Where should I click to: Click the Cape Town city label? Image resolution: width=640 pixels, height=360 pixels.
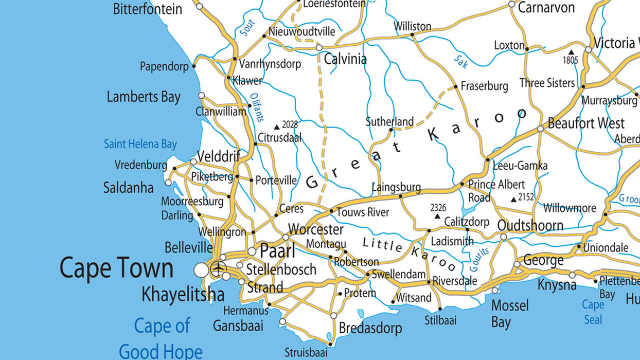pos(116,268)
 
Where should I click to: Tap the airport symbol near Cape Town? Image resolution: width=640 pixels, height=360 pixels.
pos(219,268)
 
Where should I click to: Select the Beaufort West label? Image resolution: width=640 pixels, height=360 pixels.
pos(586,123)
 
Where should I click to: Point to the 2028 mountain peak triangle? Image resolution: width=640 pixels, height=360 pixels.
pos(277,127)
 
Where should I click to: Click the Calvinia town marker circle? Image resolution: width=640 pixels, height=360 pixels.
pos(319,47)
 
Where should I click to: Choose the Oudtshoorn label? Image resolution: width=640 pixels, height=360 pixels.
pos(530,226)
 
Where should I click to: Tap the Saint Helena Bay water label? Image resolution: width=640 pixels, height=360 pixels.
pos(140,144)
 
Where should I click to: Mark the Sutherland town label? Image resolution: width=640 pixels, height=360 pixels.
pos(389,121)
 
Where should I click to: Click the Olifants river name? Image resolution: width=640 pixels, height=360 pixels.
pos(256,107)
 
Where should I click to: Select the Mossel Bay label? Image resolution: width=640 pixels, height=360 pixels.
pos(509,314)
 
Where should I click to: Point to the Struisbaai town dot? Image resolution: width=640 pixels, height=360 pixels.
pos(330,344)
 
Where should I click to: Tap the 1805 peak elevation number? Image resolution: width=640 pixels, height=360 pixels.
pos(570,60)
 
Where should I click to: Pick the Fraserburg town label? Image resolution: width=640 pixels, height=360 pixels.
pos(484,86)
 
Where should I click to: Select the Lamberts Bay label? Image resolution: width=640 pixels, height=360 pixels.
pos(144,97)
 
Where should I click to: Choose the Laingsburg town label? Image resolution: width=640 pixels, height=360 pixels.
pos(396,187)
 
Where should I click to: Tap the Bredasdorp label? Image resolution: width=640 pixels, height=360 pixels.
pos(370,328)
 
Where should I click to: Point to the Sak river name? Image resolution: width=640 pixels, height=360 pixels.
pos(460,61)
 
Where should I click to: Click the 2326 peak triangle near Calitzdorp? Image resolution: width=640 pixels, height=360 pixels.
pos(437,217)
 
